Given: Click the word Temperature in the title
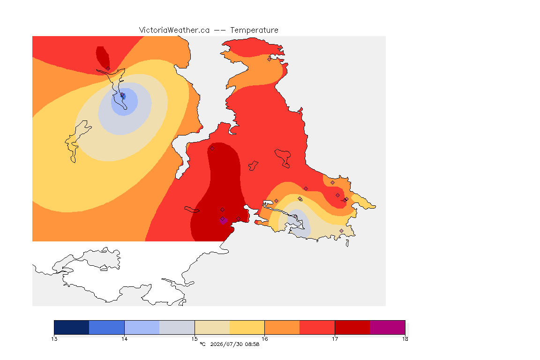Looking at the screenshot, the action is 254,30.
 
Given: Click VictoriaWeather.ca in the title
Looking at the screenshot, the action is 174,30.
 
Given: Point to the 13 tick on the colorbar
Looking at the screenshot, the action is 54,339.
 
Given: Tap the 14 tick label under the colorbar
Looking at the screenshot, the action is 124,339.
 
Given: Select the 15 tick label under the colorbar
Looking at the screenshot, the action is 195,339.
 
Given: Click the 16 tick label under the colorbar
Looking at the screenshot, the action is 264,339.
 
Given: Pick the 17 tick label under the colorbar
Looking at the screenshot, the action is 335,339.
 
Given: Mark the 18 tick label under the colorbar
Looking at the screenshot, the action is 405,339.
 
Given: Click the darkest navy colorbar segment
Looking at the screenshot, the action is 72,327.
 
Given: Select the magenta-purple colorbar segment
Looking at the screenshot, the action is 388,327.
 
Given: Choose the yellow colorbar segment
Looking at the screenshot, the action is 247,327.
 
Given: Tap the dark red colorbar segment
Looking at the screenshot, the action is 352,327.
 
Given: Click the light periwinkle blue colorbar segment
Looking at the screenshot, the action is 142,327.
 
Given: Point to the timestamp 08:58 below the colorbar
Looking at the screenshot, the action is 252,344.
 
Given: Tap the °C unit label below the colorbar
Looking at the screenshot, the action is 203,344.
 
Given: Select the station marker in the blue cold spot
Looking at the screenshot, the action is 122,96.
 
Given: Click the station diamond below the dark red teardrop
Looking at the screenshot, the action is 108,68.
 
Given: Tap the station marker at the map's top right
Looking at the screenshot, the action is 270,59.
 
